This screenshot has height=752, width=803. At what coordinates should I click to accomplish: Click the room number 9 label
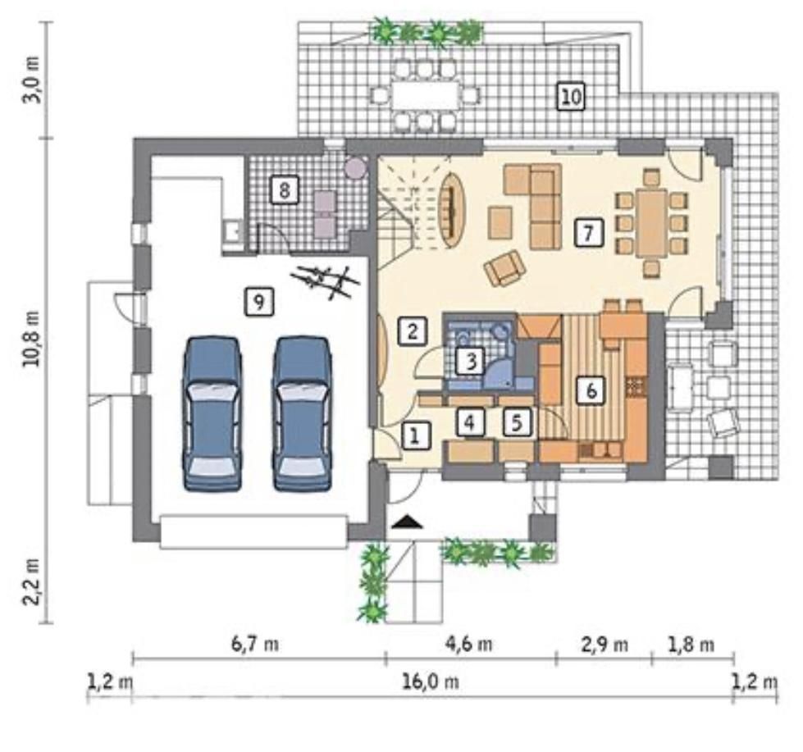click(x=259, y=302)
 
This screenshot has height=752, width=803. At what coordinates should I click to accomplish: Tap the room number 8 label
click(x=285, y=190)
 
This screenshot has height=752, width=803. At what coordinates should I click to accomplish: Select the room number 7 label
click(x=588, y=233)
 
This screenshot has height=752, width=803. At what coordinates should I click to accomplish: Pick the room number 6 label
click(x=591, y=391)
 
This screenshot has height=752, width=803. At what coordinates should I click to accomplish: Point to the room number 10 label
click(x=571, y=96)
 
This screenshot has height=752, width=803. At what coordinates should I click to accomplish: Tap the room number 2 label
click(x=413, y=330)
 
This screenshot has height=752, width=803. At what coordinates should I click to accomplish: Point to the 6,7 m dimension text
click(x=255, y=644)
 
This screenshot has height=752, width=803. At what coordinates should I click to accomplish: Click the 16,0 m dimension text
click(x=430, y=681)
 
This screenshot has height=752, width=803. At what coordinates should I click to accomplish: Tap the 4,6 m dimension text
click(x=468, y=644)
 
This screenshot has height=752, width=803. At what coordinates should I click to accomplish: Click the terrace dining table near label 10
click(x=425, y=94)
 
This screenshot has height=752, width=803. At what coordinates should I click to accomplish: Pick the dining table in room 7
click(x=651, y=224)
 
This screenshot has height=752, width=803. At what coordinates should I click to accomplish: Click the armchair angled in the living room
click(x=505, y=268)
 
